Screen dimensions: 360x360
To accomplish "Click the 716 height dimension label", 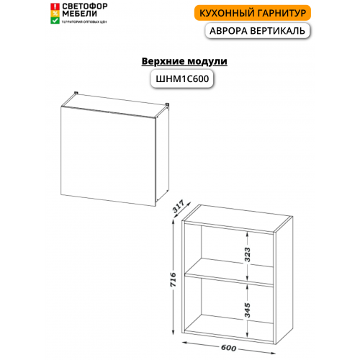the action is [x=173, y=279].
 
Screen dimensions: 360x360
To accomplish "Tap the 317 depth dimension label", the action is [x=179, y=207].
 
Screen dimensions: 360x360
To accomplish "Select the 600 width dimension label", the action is [x=228, y=348].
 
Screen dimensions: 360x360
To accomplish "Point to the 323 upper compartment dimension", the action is [x=247, y=255].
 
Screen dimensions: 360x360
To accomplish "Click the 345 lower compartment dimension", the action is [x=247, y=310].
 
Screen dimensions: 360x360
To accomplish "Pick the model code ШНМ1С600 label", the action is [x=182, y=78].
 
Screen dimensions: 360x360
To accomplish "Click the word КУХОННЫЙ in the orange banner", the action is [x=225, y=13].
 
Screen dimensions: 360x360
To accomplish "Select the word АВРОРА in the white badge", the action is [x=228, y=31].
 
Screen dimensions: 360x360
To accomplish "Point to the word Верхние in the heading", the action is [x=163, y=61].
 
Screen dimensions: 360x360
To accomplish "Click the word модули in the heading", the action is [x=207, y=62].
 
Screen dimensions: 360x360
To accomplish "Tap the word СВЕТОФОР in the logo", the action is [x=85, y=6].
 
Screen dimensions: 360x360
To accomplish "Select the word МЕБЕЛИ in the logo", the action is [x=79, y=14].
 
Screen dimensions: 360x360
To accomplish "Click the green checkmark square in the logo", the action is [x=55, y=21].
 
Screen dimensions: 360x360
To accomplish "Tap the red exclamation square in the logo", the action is [x=55, y=6].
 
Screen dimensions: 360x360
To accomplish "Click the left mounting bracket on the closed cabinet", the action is [x=76, y=93].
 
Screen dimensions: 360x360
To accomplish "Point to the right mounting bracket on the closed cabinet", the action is [x=167, y=104].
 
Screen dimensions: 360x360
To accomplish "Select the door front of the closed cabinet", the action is [x=108, y=156].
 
